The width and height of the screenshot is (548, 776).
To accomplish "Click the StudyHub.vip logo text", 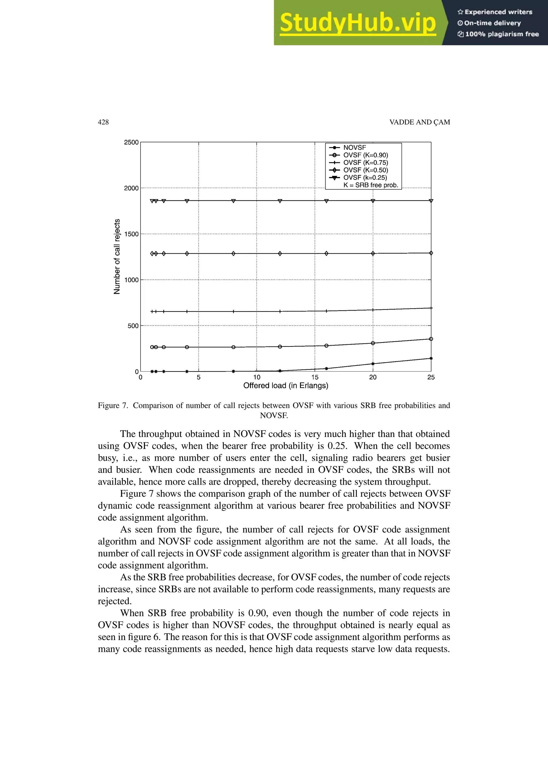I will [x=357, y=23].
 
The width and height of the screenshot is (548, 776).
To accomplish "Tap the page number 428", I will [x=103, y=122].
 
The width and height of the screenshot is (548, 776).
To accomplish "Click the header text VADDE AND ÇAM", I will [x=419, y=122].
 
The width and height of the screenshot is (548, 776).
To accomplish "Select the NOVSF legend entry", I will [x=355, y=147].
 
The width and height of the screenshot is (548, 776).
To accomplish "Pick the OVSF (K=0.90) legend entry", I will [x=365, y=155].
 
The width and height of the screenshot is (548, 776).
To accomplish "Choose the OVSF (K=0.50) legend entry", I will [x=365, y=170].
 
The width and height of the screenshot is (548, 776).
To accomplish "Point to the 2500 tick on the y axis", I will [x=131, y=142].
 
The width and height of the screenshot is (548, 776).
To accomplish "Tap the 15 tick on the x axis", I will [x=315, y=377].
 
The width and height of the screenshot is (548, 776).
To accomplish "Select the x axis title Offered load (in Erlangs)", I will [x=286, y=386].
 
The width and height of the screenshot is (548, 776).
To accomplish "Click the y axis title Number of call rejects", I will [x=117, y=257].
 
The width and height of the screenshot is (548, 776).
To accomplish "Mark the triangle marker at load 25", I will [x=431, y=201].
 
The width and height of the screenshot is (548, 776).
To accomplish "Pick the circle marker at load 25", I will [x=431, y=339].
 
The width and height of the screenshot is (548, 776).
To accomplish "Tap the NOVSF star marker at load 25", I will [x=431, y=358].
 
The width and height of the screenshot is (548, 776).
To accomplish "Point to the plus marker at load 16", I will [x=326, y=311].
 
